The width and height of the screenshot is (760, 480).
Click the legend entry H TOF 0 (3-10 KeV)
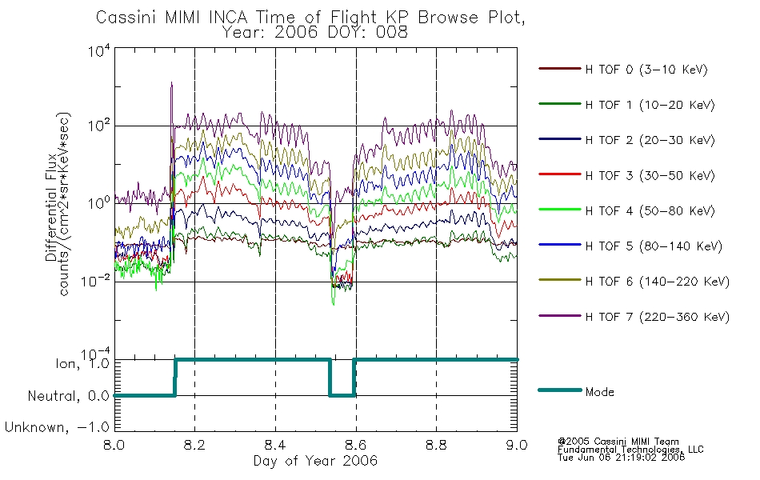[646, 70]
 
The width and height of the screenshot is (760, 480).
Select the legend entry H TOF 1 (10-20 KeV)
[650, 105]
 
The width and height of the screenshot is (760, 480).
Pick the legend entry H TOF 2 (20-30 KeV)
[650, 140]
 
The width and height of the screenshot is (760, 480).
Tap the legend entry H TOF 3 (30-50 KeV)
[650, 175]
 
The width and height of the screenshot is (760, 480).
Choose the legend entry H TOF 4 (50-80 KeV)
[650, 211]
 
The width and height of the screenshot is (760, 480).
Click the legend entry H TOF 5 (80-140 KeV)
[654, 246]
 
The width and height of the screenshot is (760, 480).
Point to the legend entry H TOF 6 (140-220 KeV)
[658, 282]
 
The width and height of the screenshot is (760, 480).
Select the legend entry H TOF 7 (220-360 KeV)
[658, 317]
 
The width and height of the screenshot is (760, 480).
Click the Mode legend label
[599, 392]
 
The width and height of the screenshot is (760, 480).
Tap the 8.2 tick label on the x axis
[195, 445]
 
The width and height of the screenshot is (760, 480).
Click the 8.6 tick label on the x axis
[356, 445]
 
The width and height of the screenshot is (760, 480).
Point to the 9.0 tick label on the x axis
[517, 445]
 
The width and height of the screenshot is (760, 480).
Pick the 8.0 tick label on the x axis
[114, 445]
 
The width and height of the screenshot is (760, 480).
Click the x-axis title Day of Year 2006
[315, 461]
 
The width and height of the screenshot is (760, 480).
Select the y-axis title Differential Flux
[51, 207]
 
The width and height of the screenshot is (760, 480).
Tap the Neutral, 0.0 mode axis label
[68, 396]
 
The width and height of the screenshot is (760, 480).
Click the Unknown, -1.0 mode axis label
[57, 427]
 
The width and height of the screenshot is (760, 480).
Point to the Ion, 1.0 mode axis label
[82, 363]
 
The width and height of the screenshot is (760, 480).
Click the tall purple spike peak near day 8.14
[171, 83]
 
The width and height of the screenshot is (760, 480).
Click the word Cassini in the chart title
[126, 18]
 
